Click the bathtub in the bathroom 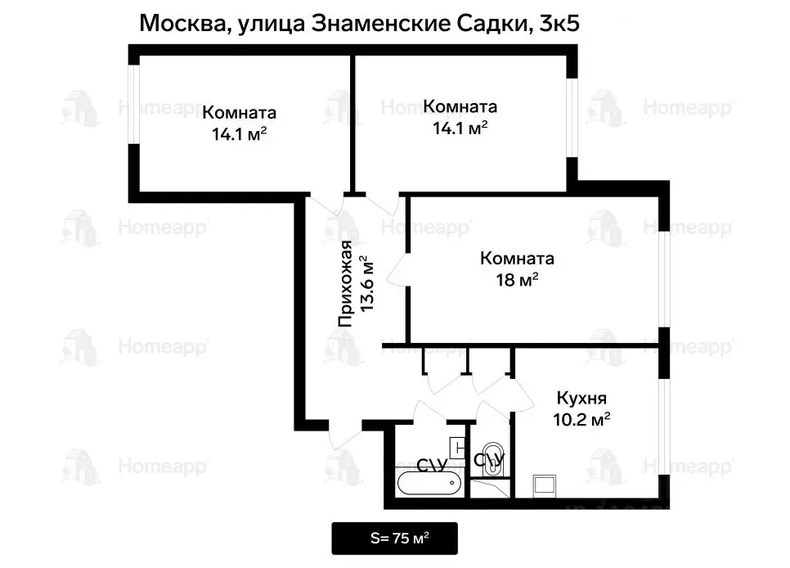429,484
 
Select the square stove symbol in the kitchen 545,485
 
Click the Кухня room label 581,399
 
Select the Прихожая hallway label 347,285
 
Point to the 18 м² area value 517,281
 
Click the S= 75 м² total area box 395,539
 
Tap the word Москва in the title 177,23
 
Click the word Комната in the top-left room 239,113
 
